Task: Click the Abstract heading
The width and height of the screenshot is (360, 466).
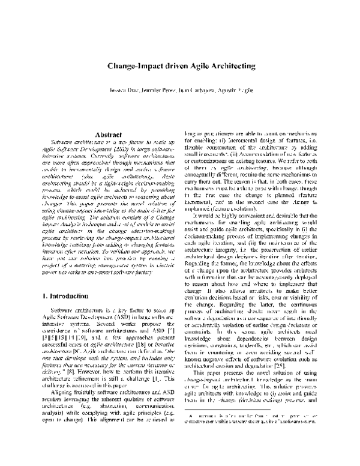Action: [100, 135]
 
